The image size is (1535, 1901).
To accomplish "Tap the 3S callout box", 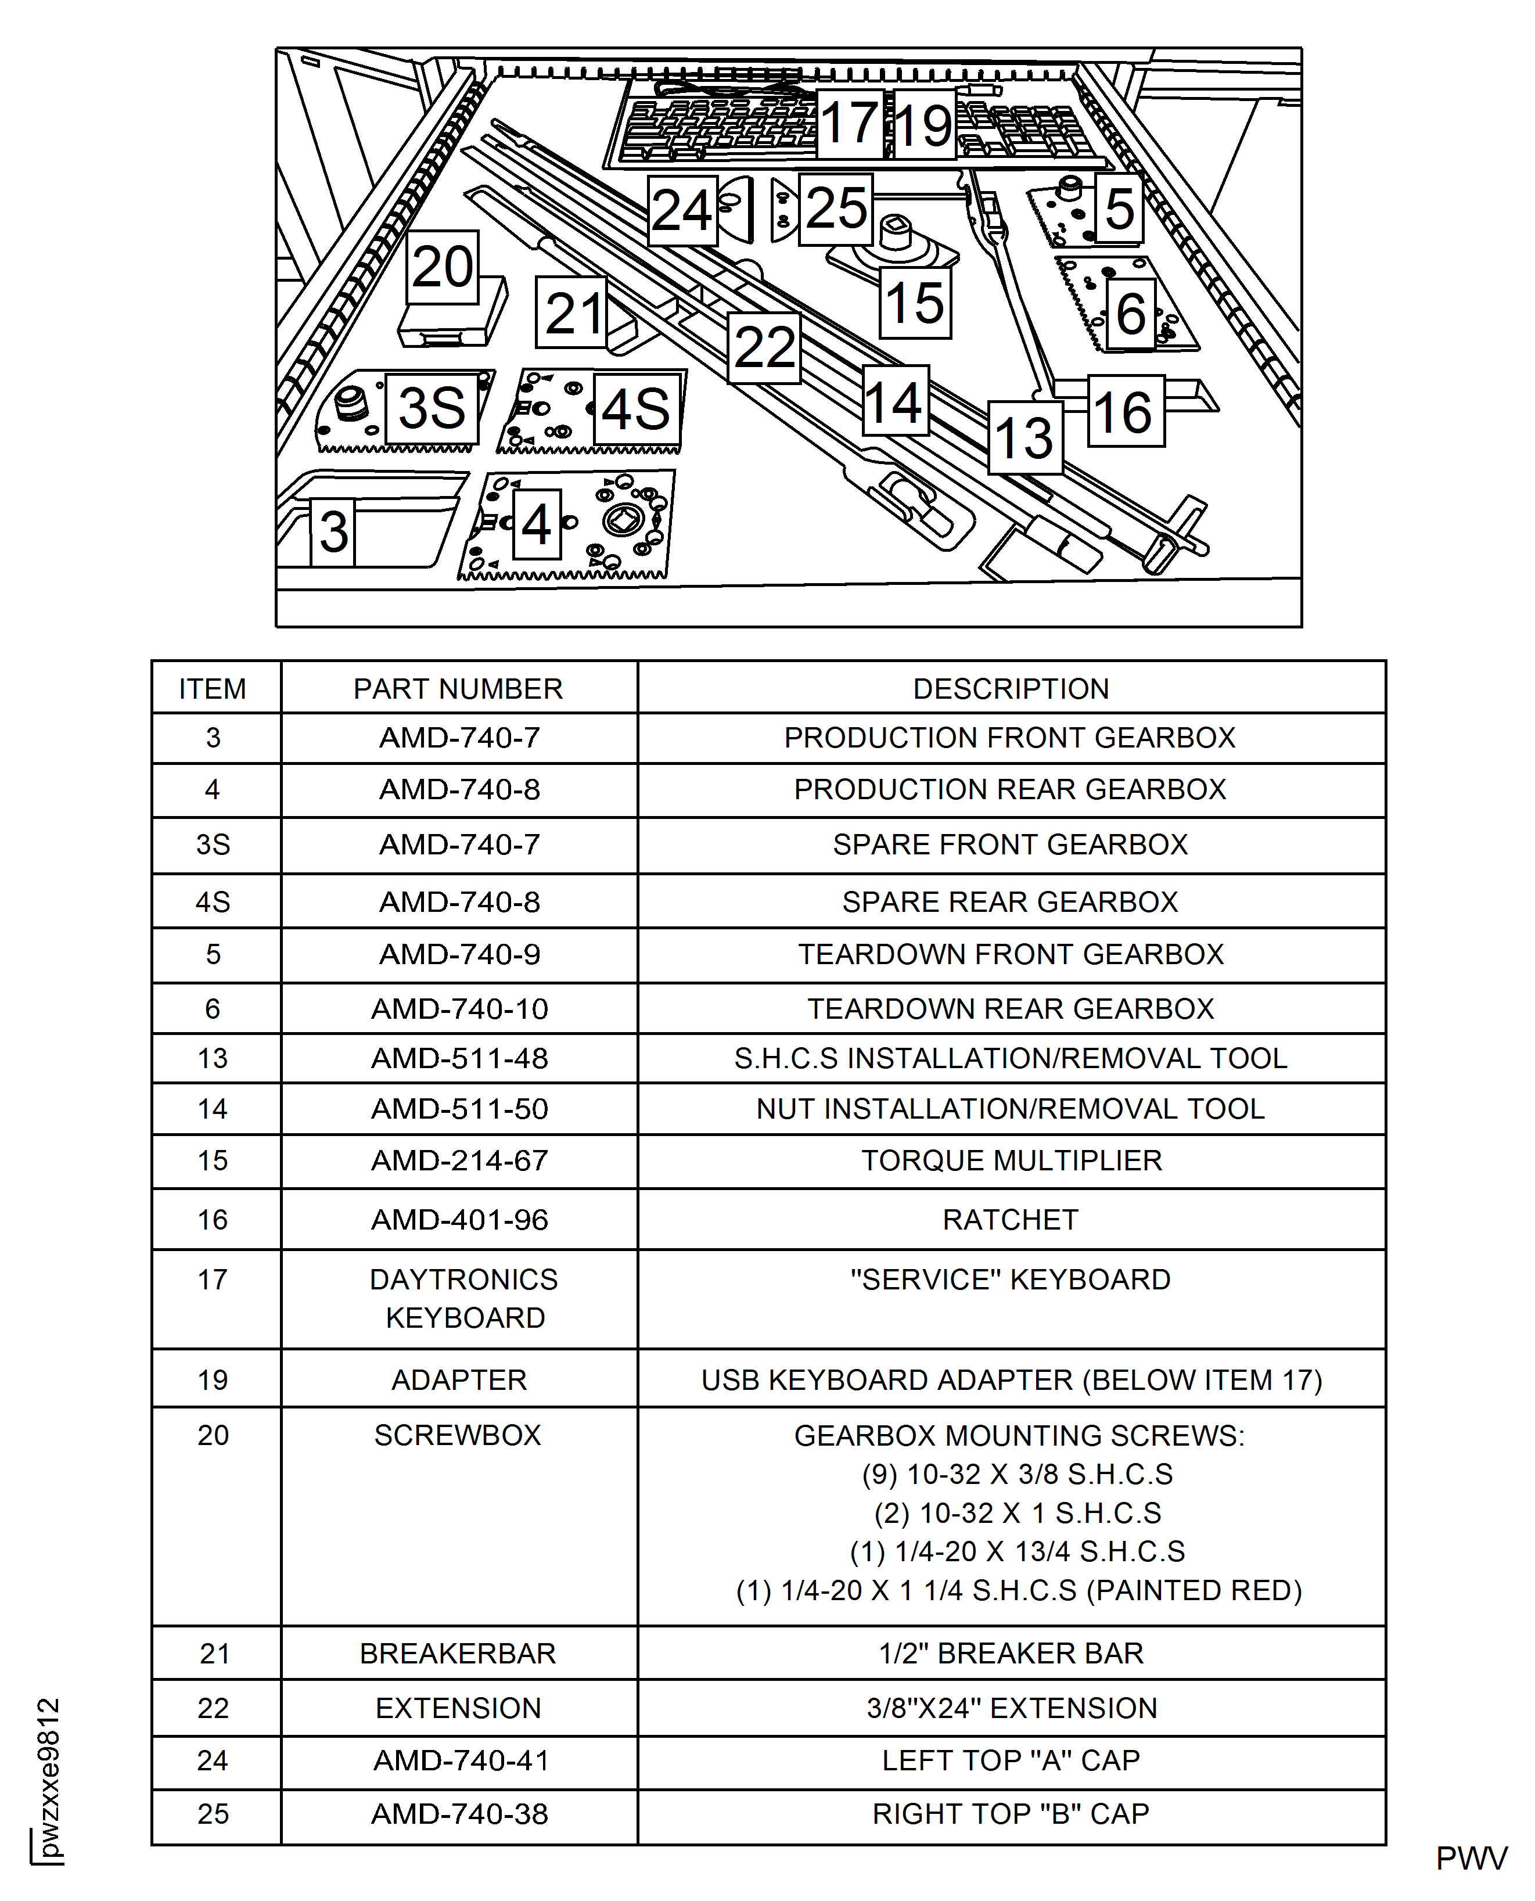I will [x=432, y=408].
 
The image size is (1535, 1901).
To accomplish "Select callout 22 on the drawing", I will [x=764, y=347].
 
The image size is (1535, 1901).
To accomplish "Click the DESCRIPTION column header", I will [x=1011, y=689].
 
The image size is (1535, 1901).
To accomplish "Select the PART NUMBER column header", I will [x=458, y=689].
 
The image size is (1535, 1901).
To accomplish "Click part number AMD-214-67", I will [x=459, y=1161].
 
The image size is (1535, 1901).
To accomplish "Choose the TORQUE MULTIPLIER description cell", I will [x=1011, y=1161].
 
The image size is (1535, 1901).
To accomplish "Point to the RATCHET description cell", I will [x=1011, y=1220].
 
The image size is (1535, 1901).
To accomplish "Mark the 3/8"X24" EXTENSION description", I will [x=1011, y=1708].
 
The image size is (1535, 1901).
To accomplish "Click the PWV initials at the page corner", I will [x=1471, y=1859].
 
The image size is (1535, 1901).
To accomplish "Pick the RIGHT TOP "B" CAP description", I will [x=1011, y=1814].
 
